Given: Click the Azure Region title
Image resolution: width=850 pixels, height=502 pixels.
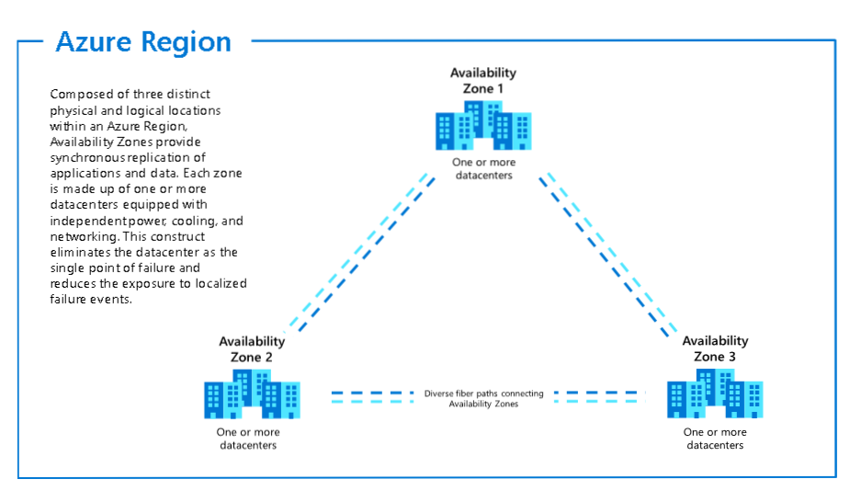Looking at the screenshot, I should point(143,42).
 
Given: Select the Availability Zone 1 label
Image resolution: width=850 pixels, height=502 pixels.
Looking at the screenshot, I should point(482,81).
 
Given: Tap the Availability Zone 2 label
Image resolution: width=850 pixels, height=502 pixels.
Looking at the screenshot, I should point(251,348).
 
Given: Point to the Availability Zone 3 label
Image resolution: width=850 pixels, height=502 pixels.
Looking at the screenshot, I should point(715,348).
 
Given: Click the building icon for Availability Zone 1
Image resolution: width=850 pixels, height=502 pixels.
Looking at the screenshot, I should point(483,125).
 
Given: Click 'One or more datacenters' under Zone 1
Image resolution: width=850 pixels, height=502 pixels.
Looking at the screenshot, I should point(483,168).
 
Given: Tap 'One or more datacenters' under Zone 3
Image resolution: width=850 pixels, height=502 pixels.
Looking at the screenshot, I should point(714,439).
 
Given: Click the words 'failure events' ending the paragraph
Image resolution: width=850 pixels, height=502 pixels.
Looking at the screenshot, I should point(92,299).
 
